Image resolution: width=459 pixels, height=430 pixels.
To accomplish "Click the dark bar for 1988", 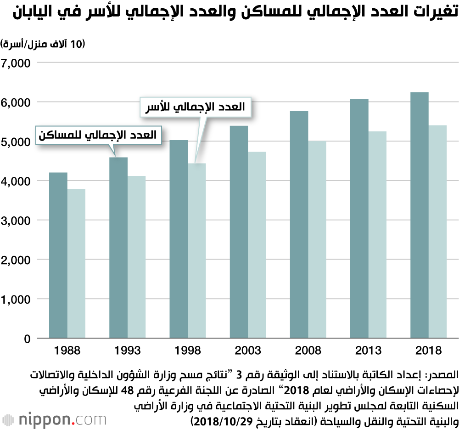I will pyautogui.click(x=58, y=255).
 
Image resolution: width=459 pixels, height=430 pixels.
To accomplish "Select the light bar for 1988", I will pyautogui.click(x=76, y=264).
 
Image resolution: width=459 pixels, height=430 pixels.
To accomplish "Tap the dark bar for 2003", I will pyautogui.click(x=239, y=232).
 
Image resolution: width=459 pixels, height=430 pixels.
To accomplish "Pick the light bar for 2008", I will pyautogui.click(x=317, y=240).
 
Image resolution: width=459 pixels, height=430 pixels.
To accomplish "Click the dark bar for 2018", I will pyautogui.click(x=419, y=215).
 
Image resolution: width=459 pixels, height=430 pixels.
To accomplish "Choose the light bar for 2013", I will pyautogui.click(x=377, y=235).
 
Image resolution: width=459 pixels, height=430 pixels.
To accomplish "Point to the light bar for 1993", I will pyautogui.click(x=136, y=257).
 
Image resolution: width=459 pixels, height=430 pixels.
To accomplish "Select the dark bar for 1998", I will pyautogui.click(x=179, y=239).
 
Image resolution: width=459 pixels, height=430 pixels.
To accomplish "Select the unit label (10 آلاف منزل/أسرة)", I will pyautogui.click(x=44, y=44).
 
